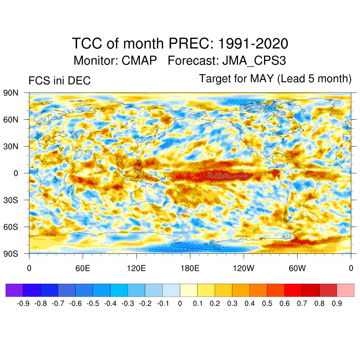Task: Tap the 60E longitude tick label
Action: point(83,269)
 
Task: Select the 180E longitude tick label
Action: point(190,269)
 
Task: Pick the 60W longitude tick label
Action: point(297,269)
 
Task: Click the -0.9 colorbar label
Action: point(23,303)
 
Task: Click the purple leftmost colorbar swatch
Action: point(14,290)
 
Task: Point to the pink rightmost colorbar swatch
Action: point(345,290)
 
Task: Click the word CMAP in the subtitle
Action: point(139,60)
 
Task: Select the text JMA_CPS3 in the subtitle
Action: point(254,60)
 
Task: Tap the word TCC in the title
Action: point(86,44)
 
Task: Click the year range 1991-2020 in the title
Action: point(253,44)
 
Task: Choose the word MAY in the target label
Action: point(262,79)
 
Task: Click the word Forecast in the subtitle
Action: point(193,60)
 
